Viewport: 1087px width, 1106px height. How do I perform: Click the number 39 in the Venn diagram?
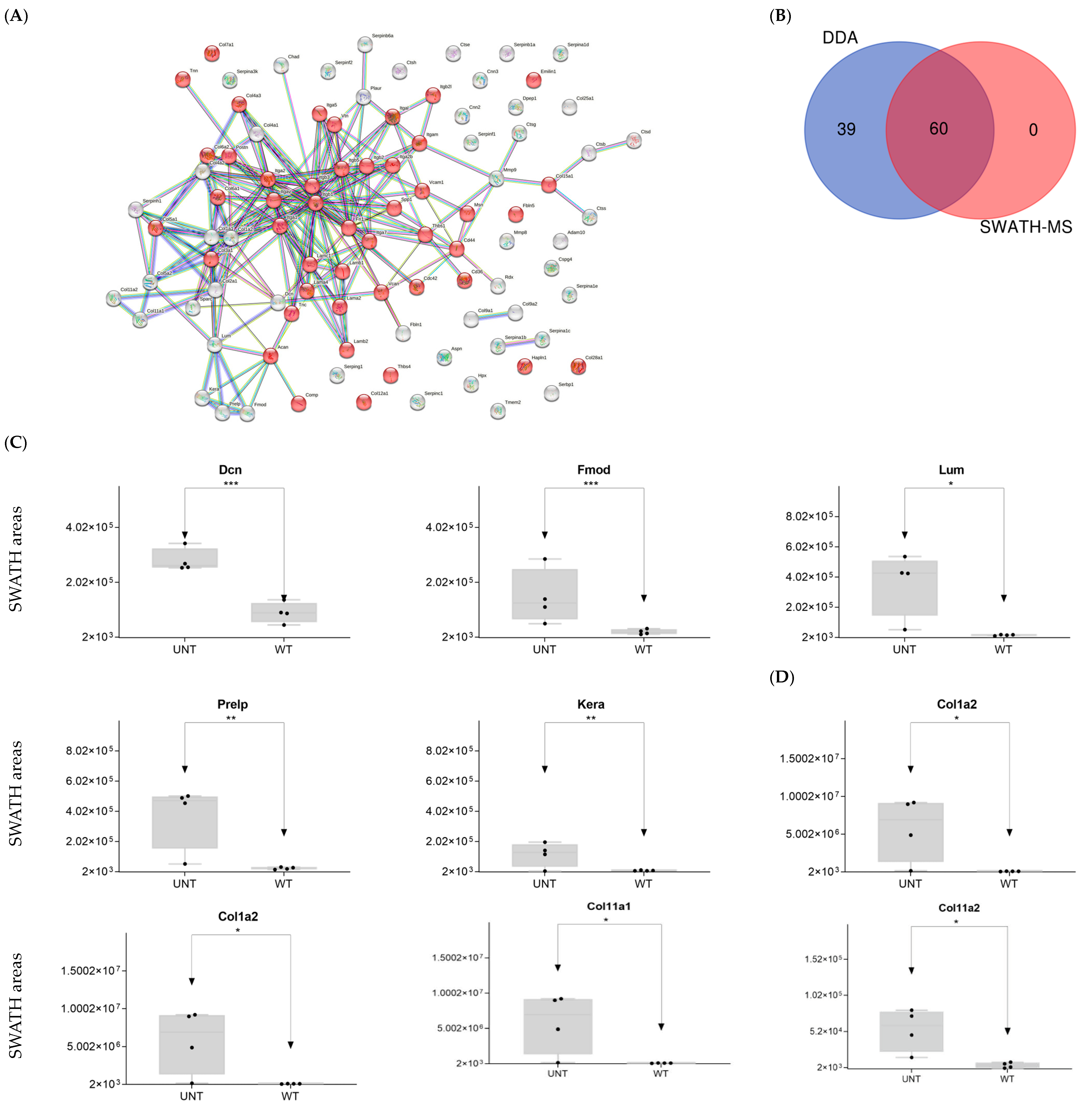[846, 130]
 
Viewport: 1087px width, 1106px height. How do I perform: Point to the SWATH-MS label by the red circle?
[1026, 227]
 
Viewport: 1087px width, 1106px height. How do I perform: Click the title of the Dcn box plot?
[230, 470]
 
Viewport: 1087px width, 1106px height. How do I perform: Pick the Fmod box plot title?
[594, 470]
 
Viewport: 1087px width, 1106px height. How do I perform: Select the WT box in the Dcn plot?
[284, 612]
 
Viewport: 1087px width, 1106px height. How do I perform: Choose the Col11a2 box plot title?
[959, 908]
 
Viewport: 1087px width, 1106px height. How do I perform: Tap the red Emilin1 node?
[533, 80]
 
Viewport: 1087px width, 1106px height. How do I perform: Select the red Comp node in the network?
[298, 403]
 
